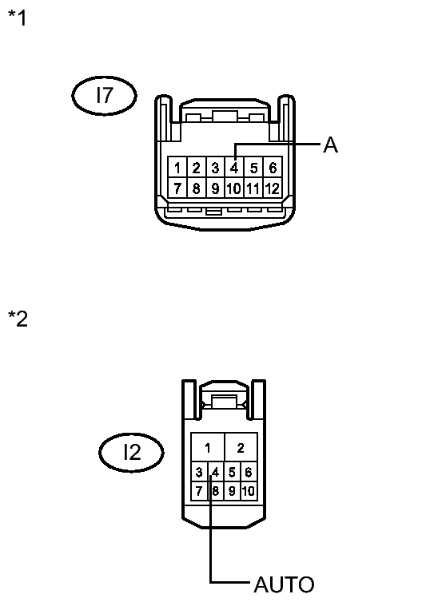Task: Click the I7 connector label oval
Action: [x=104, y=97]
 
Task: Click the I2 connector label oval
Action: [x=131, y=453]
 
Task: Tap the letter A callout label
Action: [x=330, y=145]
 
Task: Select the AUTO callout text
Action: [x=284, y=584]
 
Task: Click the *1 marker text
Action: [x=17, y=18]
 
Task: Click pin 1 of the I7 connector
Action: [x=176, y=168]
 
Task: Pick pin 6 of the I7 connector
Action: [x=273, y=168]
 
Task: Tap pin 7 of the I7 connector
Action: [x=176, y=189]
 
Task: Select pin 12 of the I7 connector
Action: [x=273, y=189]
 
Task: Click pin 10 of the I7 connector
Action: [x=233, y=189]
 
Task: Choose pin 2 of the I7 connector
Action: [x=196, y=168]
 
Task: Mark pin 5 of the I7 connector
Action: [x=253, y=168]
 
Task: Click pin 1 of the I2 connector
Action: [x=208, y=447]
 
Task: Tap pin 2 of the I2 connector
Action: [x=241, y=447]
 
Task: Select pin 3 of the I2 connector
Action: [x=199, y=472]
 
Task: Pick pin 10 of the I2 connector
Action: [x=248, y=491]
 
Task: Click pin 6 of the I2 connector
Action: [x=248, y=472]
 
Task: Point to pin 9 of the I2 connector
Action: [x=232, y=491]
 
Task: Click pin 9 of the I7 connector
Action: [x=215, y=189]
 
